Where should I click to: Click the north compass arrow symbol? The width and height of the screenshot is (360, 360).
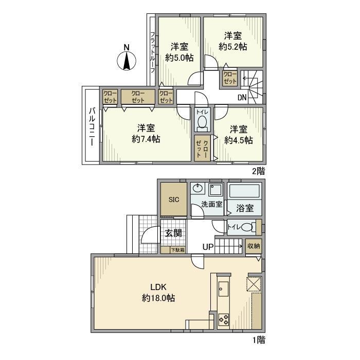click(126, 59)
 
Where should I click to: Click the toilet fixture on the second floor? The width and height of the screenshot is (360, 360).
click(202, 122)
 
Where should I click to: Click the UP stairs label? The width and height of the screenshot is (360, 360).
click(207, 247)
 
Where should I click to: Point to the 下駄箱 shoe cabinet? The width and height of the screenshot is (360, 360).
click(178, 250)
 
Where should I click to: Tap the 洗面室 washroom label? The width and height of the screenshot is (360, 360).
click(211, 204)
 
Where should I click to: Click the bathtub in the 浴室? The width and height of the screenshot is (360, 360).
click(245, 193)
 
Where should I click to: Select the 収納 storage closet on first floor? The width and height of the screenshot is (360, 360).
click(254, 246)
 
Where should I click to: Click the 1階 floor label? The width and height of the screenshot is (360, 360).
click(259, 339)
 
